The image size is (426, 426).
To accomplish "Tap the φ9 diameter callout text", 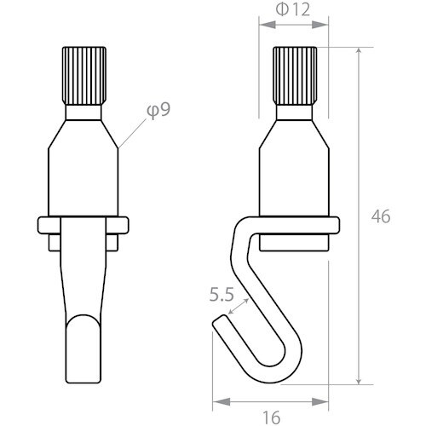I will [158, 110].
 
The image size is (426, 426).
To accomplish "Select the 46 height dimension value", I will [381, 216].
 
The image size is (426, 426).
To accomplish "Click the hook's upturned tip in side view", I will [219, 325].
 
